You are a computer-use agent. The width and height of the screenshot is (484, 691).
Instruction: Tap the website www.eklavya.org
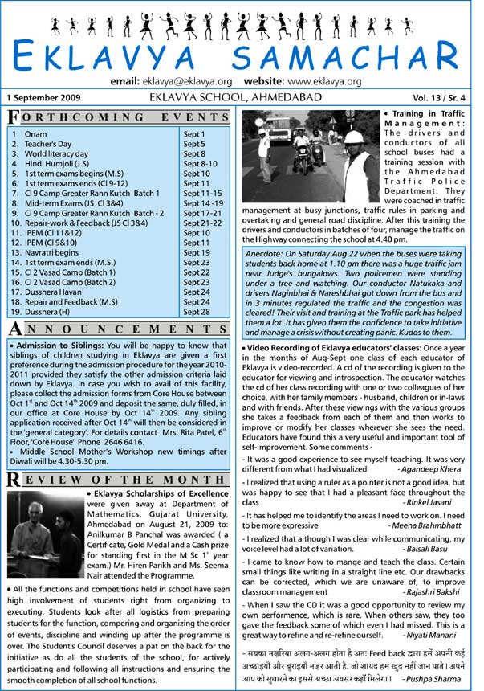[x=332, y=82]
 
